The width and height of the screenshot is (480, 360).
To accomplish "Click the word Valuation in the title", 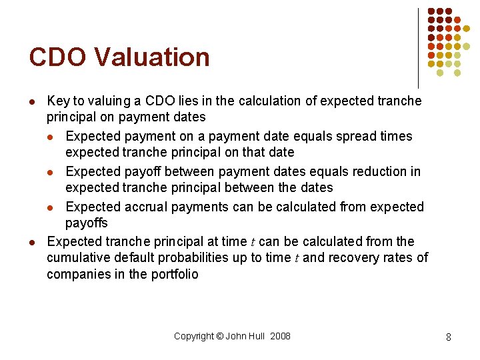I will [x=153, y=57].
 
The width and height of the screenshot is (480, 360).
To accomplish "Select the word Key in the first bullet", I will [x=58, y=101].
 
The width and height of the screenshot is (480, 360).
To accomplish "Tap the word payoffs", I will [x=86, y=223].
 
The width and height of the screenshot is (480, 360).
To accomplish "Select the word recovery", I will [x=354, y=258].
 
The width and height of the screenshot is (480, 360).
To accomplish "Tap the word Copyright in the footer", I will [x=194, y=336].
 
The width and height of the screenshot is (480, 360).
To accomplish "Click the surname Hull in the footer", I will [x=257, y=336].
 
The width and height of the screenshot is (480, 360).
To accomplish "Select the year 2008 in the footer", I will [x=281, y=336].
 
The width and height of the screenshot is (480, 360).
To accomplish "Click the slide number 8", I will [x=449, y=337].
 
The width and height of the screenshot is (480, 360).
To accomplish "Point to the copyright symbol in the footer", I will [x=219, y=336].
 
